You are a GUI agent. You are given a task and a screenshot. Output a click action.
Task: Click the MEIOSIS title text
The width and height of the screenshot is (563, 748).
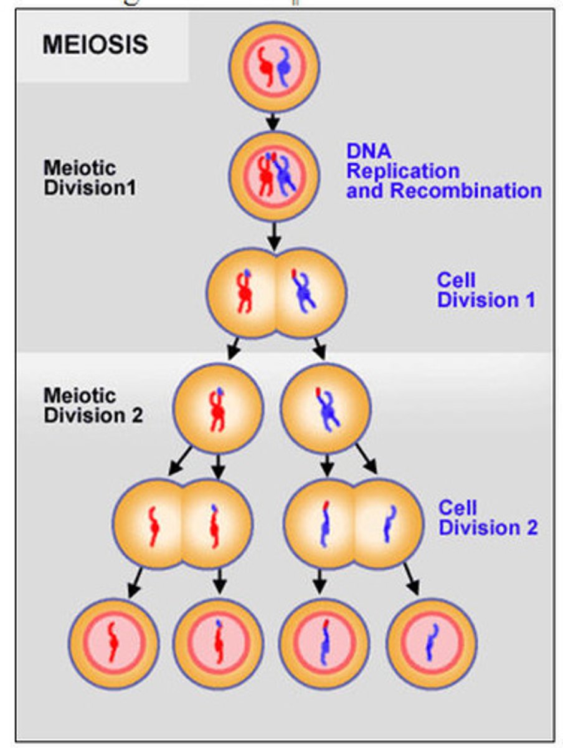pos(95,44)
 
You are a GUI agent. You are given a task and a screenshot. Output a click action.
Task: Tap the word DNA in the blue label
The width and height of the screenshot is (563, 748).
pos(369,150)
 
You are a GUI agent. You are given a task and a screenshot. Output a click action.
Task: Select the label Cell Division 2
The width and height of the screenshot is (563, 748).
pos(488,517)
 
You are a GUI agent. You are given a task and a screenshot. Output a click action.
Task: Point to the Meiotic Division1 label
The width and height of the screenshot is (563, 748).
pos(89,178)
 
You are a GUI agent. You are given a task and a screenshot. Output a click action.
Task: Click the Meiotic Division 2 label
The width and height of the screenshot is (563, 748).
pos(93,405)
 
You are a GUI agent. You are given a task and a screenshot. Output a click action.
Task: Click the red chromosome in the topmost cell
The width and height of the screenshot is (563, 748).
pos(265,65)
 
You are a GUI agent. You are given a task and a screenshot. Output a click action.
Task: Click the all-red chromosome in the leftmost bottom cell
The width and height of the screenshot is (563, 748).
pos(113,642)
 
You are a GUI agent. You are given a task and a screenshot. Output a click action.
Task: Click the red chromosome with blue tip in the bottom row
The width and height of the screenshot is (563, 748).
pos(218,642)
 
